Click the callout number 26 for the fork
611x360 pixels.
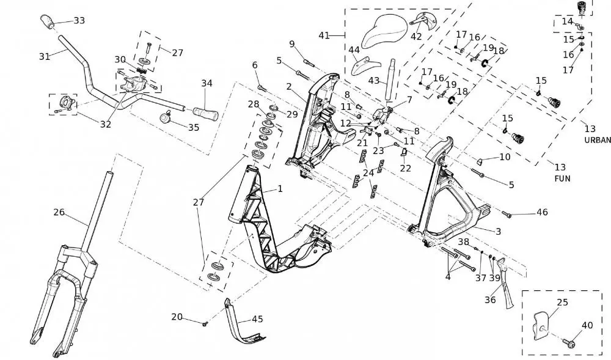point(59,213)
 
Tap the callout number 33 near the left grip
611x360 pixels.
point(79,21)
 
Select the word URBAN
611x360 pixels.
point(597,140)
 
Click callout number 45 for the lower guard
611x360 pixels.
point(257,319)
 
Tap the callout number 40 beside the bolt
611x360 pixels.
point(587,326)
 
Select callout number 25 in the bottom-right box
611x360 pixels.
point(563,303)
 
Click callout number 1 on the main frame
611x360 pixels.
point(280,189)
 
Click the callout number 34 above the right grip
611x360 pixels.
point(207,83)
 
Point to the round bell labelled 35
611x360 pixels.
point(164,117)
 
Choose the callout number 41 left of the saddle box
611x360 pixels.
point(324,35)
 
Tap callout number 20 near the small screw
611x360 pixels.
point(177,317)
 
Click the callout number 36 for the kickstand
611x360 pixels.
point(491,299)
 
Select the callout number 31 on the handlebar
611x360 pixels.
point(44,56)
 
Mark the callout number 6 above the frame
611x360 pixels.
point(255,65)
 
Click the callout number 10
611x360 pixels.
point(505,157)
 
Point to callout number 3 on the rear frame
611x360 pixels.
point(499,232)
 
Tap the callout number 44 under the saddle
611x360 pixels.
point(354,50)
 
